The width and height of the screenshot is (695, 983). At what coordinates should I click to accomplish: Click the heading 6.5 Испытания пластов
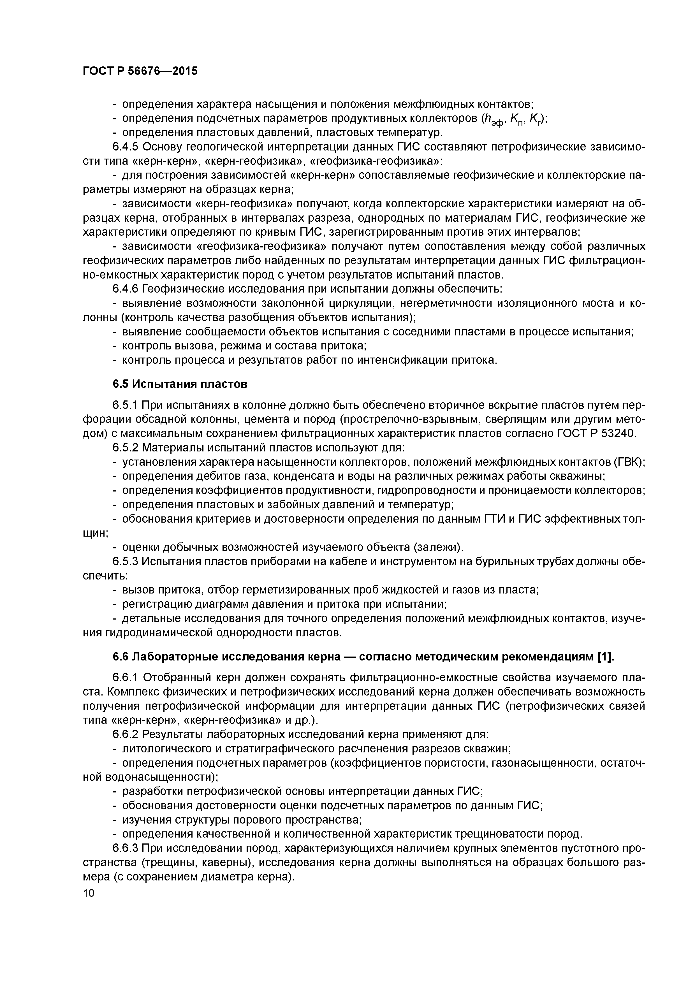point(180,384)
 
